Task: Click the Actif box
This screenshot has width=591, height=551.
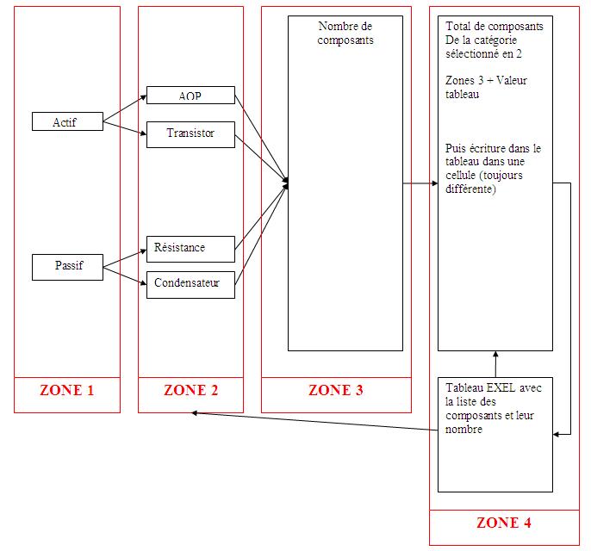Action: (66, 122)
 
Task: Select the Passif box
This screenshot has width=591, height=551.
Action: (66, 267)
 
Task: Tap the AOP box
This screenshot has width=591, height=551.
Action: (190, 95)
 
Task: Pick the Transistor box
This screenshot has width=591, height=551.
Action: (190, 133)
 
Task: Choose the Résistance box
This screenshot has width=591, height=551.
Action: (190, 248)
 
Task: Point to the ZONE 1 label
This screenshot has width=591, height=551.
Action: (67, 390)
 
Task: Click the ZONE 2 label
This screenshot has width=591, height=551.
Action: (190, 390)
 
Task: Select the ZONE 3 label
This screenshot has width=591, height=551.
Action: (335, 390)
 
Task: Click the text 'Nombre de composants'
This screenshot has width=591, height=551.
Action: (345, 33)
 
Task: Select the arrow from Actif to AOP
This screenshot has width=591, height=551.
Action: (125, 109)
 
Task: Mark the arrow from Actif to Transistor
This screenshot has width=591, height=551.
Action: (125, 129)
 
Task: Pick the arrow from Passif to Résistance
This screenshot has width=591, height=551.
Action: (125, 260)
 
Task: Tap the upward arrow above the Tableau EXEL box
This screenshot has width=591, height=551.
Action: (495, 363)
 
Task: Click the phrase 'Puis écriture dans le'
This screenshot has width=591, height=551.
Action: (494, 148)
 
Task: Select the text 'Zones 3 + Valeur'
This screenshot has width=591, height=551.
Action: (486, 81)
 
